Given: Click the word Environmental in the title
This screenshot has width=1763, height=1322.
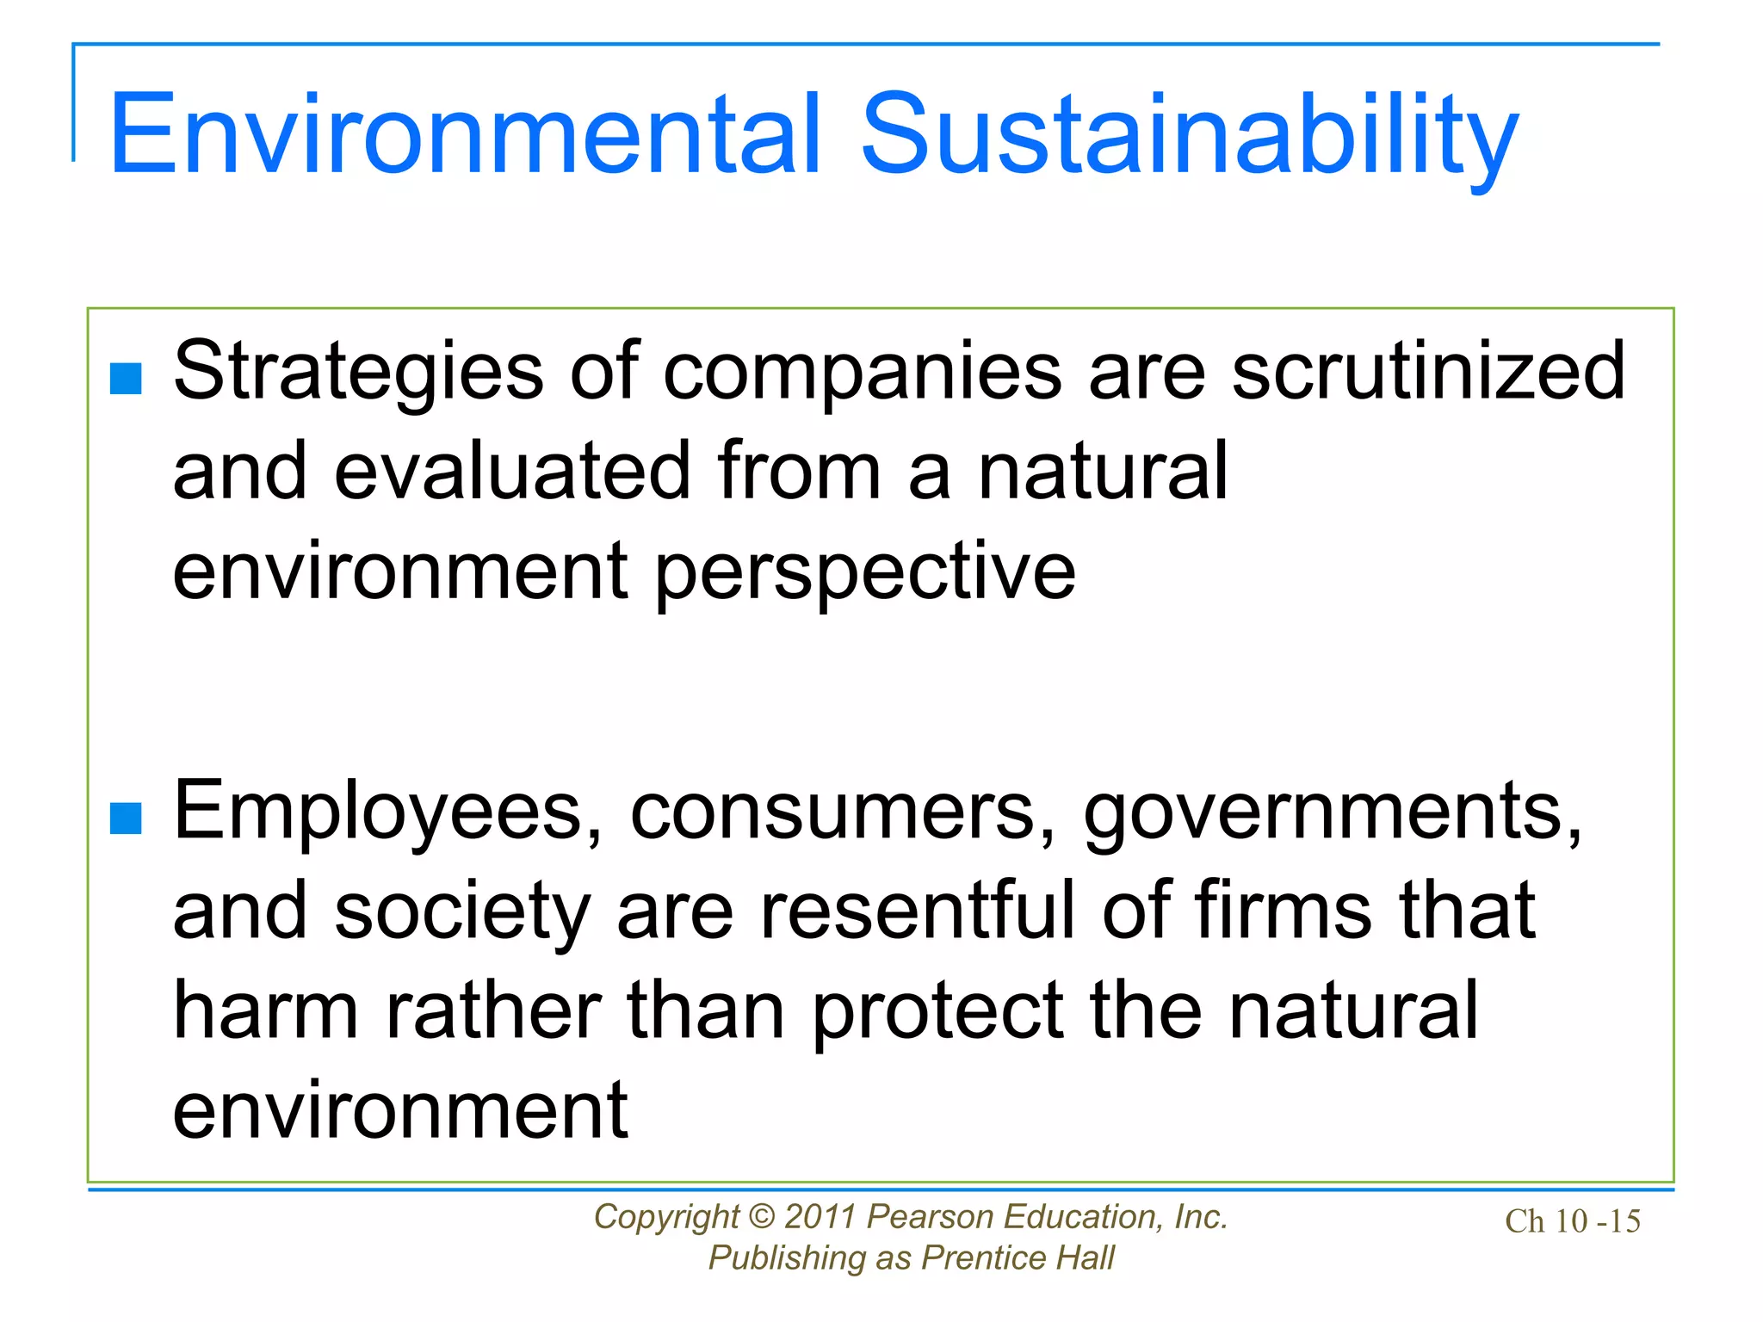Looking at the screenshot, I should pos(465,135).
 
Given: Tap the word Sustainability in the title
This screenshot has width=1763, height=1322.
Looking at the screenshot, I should pos(1189,138).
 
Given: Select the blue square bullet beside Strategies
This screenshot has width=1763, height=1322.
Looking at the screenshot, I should pos(127,378).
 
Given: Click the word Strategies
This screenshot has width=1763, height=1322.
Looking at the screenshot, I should pos(358,372).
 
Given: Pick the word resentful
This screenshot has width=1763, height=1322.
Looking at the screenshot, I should pos(918,911).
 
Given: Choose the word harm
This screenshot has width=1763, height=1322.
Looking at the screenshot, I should pos(265,1010).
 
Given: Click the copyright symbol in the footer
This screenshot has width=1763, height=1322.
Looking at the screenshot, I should pos(761,1217).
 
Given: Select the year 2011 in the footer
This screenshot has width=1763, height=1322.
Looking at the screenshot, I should pos(820,1217).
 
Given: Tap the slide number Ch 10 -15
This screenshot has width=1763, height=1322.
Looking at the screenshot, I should pos(1572,1221).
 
